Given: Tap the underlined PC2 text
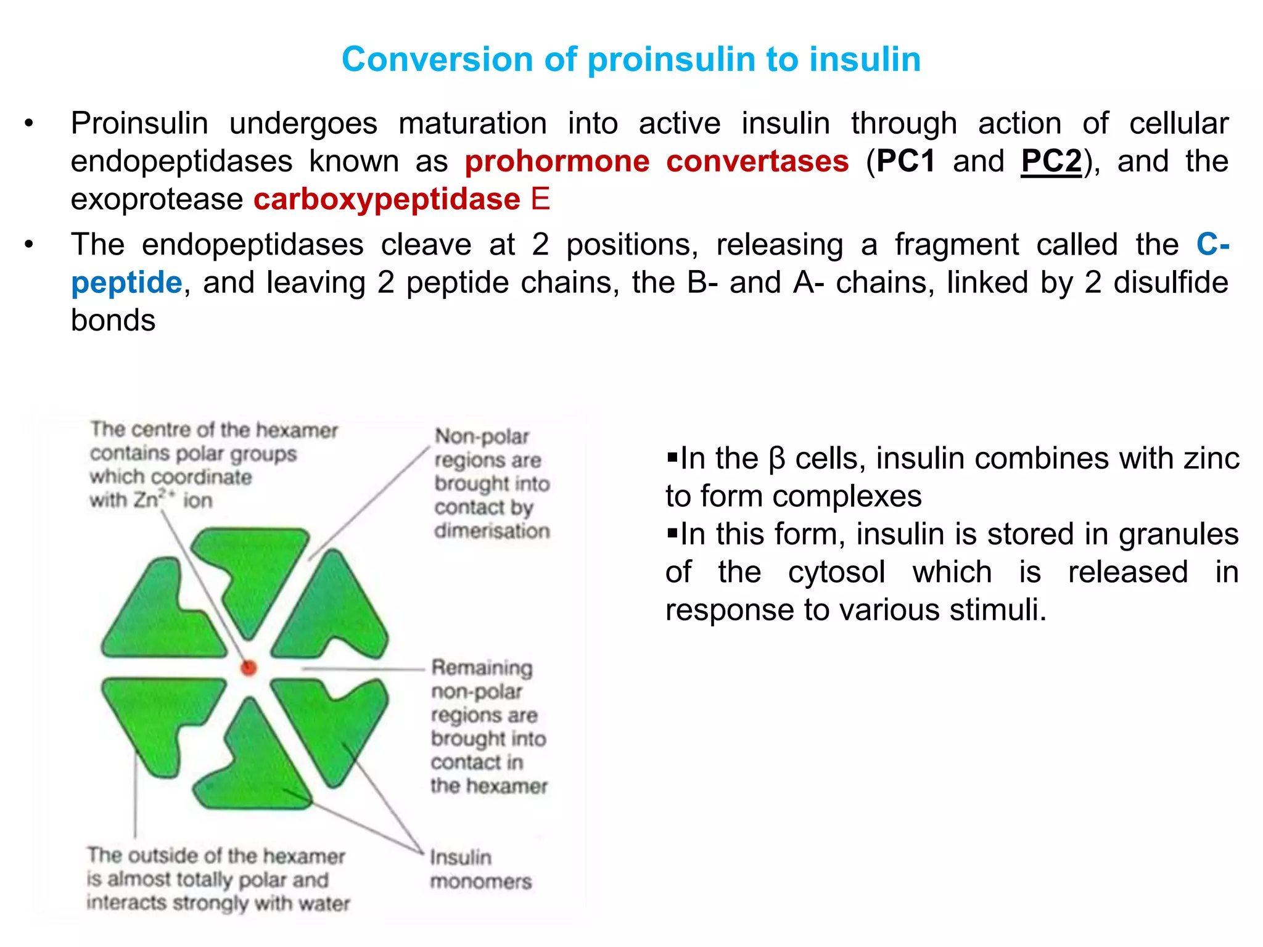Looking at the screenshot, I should coord(1051,162).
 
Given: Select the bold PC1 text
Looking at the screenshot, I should coord(906,162).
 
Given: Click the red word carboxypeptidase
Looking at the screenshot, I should coord(387,200).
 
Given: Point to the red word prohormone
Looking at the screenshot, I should coord(557,162).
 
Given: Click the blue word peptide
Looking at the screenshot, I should coord(126,283).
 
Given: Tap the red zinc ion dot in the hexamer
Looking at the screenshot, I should coord(249,668).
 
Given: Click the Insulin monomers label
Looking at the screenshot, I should coord(480,869).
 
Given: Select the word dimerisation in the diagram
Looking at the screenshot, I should coord(492,531).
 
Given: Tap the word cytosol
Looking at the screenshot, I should coord(836,572).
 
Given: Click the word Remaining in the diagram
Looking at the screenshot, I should coord(482,668).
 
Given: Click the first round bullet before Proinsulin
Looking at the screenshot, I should coord(29,124).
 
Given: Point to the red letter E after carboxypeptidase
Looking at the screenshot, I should coord(540,200).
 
